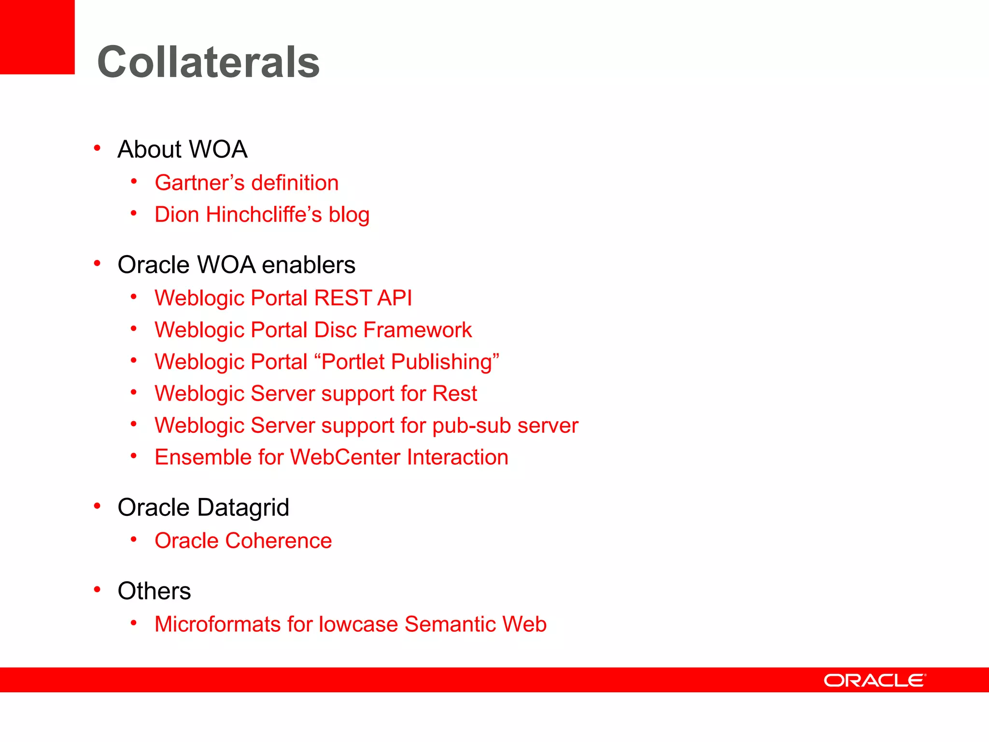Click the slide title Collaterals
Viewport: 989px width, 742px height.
(x=208, y=62)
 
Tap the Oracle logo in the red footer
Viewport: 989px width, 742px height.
(x=875, y=680)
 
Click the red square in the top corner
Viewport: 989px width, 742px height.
(x=37, y=37)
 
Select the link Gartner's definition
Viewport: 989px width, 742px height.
(x=246, y=183)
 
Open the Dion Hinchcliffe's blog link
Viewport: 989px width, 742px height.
(x=262, y=215)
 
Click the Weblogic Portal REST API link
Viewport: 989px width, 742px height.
(x=283, y=298)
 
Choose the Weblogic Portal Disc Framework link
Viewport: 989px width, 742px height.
(x=313, y=330)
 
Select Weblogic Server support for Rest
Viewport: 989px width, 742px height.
(x=315, y=394)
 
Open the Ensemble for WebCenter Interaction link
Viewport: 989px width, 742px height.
(x=331, y=457)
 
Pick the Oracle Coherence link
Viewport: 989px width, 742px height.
(x=243, y=541)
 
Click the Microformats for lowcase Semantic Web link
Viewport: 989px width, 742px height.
(x=350, y=624)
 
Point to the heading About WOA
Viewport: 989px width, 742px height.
(x=183, y=149)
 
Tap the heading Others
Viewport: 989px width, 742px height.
(x=154, y=591)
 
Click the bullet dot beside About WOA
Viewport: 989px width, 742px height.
(x=97, y=148)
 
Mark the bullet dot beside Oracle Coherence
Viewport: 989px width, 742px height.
(x=134, y=539)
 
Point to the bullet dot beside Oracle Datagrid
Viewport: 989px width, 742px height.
(x=97, y=506)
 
